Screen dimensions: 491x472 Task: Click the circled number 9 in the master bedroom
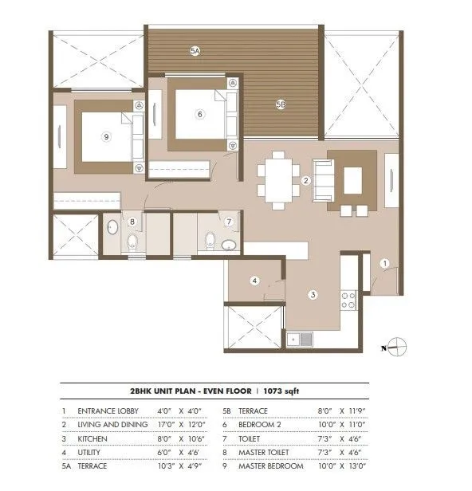coord(106,136)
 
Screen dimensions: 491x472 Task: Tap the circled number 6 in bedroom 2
coord(200,114)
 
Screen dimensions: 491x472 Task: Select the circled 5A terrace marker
coord(195,50)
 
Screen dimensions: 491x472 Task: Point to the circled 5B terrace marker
coord(281,104)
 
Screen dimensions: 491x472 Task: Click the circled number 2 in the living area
coord(305,181)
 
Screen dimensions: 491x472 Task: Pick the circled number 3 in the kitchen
coord(313,294)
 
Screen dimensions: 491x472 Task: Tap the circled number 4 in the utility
coord(254,281)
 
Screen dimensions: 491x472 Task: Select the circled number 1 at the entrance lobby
coord(383,263)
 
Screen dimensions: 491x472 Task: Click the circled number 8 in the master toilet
coord(133,222)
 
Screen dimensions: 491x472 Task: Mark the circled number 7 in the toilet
coord(229,222)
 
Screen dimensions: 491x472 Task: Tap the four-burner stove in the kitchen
coord(348,300)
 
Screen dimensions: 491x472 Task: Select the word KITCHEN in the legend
coord(92,438)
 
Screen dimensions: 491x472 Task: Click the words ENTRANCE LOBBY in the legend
coord(108,410)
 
